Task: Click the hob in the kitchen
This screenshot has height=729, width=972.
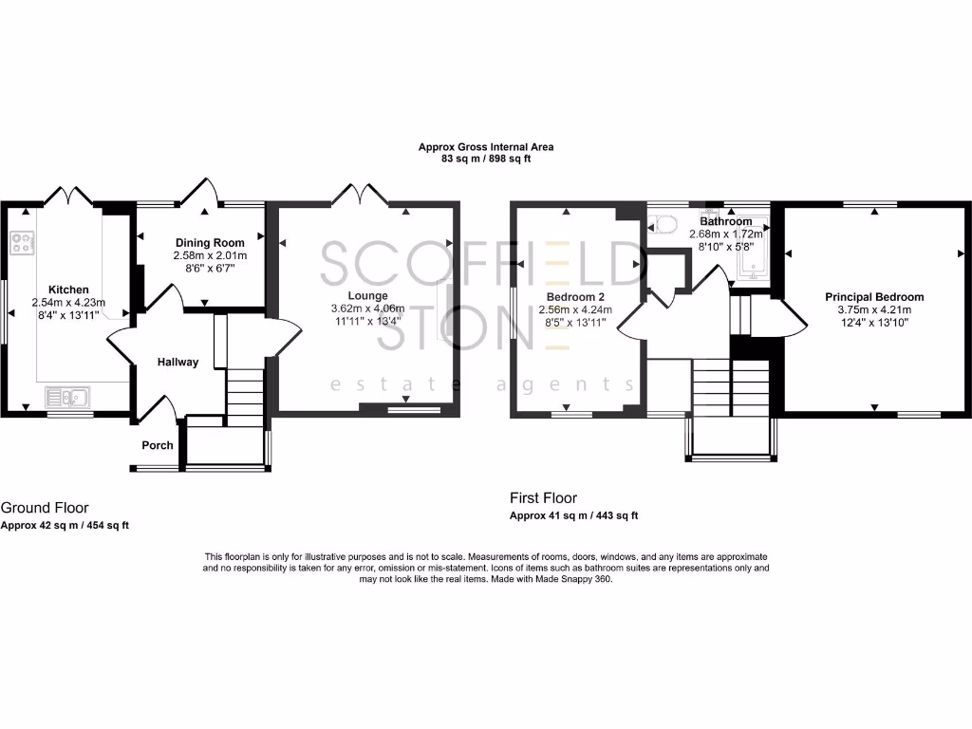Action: click(21, 242)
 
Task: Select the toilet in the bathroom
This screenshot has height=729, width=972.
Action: click(664, 225)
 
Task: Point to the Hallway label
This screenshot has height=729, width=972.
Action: click(178, 362)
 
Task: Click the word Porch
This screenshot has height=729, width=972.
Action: click(158, 445)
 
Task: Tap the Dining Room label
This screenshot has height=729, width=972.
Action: click(209, 243)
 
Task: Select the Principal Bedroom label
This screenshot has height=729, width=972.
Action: click(873, 297)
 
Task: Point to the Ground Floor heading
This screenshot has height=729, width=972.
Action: click(45, 508)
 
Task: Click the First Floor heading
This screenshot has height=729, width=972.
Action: click(543, 498)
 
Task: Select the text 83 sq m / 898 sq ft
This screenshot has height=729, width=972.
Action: click(486, 159)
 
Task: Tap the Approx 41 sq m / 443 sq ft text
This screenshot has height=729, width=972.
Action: click(573, 515)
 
